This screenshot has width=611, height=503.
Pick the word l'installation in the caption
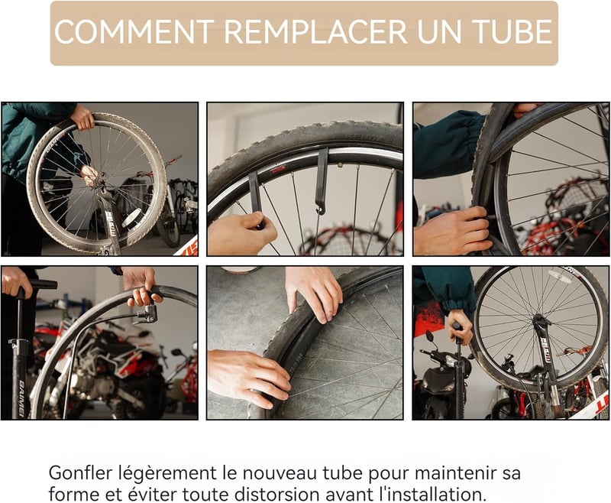pyautogui.click(x=433, y=495)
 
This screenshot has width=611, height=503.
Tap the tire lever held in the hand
pyautogui.click(x=256, y=200)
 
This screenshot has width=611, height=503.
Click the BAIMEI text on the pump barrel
pyautogui.click(x=21, y=398)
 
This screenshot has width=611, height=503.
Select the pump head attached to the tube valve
pyautogui.click(x=147, y=315)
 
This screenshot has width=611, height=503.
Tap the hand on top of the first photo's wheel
pyautogui.click(x=82, y=117)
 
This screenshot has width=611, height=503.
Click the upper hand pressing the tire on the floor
pyautogui.click(x=314, y=294)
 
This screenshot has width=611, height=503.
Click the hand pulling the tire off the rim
pyautogui.click(x=452, y=231)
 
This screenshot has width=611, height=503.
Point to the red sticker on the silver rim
pyautogui.click(x=280, y=169)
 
